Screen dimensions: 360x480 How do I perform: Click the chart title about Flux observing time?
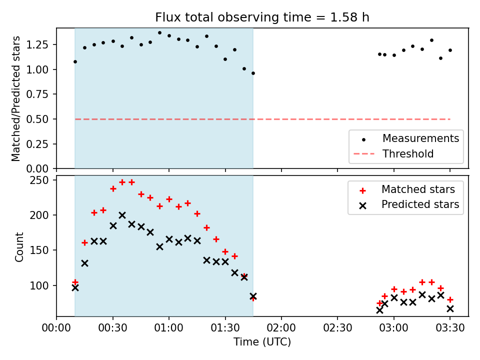pyautogui.click(x=262, y=17)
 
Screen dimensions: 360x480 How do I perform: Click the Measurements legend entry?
pyautogui.click(x=420, y=138)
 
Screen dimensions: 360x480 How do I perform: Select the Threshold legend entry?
pyautogui.click(x=407, y=154)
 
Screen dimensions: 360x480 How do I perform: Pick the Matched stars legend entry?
pyautogui.click(x=418, y=189)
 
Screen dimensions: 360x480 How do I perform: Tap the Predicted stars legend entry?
pyautogui.click(x=420, y=204)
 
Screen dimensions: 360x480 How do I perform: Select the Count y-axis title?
pyautogui.click(x=19, y=246)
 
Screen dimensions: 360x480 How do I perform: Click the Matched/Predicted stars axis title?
pyautogui.click(x=16, y=98)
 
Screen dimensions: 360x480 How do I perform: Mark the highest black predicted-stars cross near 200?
pyautogui.click(x=122, y=215)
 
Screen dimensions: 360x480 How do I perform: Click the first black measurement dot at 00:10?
pyautogui.click(x=75, y=61)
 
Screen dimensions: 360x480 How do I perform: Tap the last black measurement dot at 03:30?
pyautogui.click(x=450, y=50)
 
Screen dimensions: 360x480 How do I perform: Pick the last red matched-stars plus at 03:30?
pyautogui.click(x=450, y=299)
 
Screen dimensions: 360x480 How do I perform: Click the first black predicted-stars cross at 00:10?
pyautogui.click(x=75, y=287)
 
